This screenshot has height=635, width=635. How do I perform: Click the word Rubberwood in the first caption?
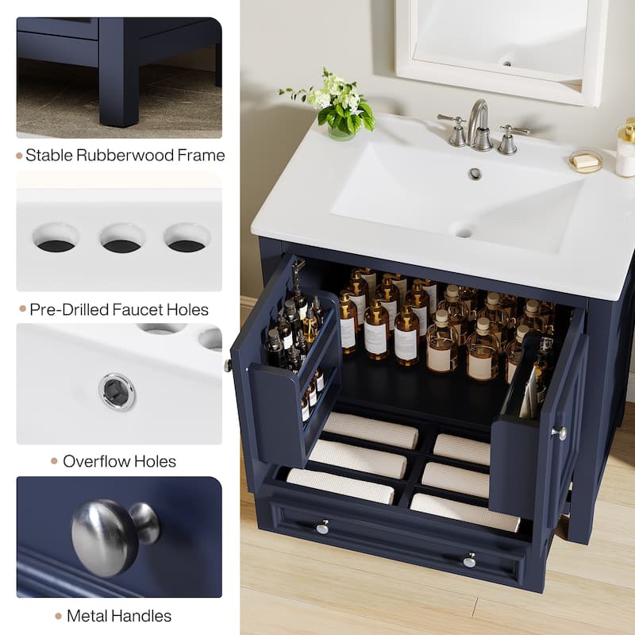pyautogui.click(x=122, y=155)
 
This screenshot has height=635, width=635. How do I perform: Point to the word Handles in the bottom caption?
pyautogui.click(x=141, y=615)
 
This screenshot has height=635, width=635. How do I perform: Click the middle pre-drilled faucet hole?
pyautogui.click(x=122, y=239)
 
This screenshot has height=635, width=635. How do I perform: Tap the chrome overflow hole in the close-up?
pyautogui.click(x=117, y=391)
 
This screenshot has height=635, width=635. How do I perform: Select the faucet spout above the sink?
pyautogui.click(x=478, y=119)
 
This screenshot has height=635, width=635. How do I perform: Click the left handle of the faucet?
pyautogui.click(x=456, y=130)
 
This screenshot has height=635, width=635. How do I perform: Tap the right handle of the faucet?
pyautogui.click(x=508, y=138)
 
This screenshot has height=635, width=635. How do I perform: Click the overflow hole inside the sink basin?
pyautogui.click(x=475, y=173)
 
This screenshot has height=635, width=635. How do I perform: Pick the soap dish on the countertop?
pyautogui.click(x=585, y=160)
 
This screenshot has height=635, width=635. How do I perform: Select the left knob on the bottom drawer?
pyautogui.click(x=322, y=526)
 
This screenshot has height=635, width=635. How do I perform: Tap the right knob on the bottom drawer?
pyautogui.click(x=470, y=560)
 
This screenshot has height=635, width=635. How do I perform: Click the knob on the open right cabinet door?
pyautogui.click(x=560, y=433)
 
